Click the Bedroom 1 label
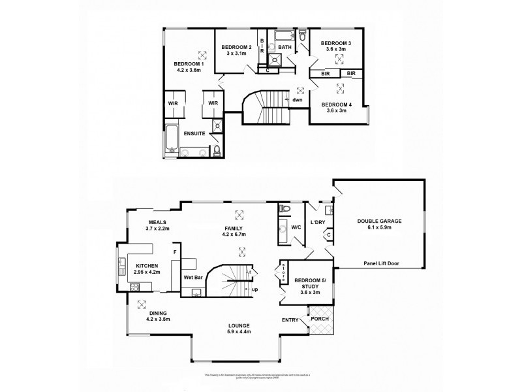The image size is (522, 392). [x=189, y=64]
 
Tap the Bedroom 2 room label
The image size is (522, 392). [x=236, y=48]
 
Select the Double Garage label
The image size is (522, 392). [x=379, y=221]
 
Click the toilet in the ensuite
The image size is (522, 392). [x=217, y=152]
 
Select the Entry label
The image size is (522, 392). [x=290, y=320]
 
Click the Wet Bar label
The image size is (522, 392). [x=192, y=277]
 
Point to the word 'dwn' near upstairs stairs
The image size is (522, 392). [x=297, y=100]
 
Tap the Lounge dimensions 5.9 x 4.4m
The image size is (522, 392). [x=239, y=333]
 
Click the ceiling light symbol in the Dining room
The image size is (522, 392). [x=141, y=304]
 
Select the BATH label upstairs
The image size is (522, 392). [x=285, y=48]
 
